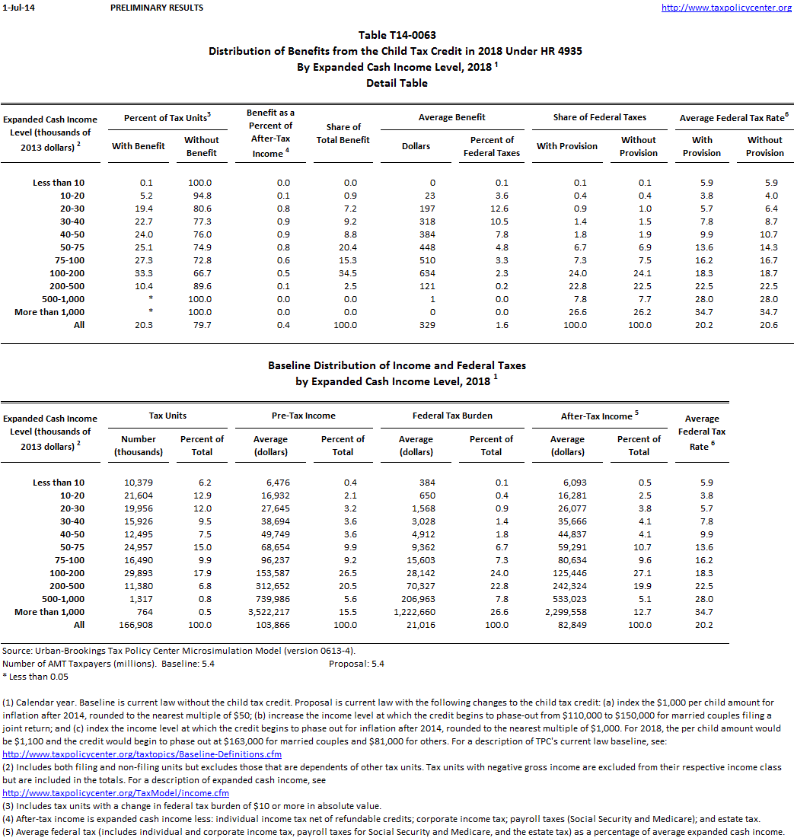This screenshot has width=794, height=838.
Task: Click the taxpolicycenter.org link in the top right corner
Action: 726,8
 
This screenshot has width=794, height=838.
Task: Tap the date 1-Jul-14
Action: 17,8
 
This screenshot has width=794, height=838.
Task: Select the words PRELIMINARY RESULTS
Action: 157,8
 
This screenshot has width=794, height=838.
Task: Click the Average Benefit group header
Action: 452,117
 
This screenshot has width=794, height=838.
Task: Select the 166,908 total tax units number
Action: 139,625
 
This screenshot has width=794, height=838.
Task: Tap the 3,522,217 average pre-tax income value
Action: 270,612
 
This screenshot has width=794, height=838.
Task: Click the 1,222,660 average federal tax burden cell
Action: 416,612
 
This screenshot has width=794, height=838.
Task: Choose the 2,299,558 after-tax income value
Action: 567,612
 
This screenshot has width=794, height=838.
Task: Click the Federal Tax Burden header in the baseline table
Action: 452,416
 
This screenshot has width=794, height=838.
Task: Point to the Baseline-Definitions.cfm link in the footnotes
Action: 142,754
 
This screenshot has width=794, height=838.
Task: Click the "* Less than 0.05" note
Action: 35,677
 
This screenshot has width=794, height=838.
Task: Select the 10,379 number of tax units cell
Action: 139,483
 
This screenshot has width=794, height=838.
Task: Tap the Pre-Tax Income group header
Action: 304,416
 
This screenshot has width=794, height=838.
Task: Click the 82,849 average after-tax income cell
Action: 567,625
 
